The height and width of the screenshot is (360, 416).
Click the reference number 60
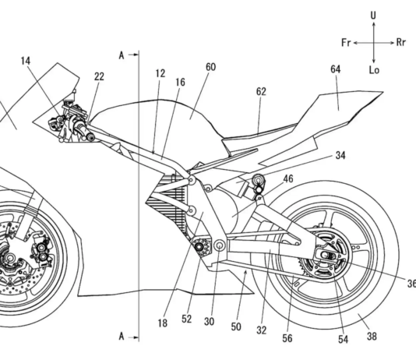point(210,67)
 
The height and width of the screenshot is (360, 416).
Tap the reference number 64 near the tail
point(335,69)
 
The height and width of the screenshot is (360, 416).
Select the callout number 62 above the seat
point(261,91)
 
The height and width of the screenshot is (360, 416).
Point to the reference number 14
point(26,61)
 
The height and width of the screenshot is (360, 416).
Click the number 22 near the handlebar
point(99,76)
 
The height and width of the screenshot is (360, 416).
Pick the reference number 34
point(340,155)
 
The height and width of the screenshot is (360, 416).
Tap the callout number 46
point(288,178)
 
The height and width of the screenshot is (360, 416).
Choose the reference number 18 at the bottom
point(162,323)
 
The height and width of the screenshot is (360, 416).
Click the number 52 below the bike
point(186,319)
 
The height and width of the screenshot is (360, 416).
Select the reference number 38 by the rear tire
point(372,337)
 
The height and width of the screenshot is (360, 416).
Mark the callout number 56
point(287,338)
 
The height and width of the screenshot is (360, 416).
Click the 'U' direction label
point(373,16)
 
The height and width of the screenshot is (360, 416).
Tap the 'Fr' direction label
point(346,42)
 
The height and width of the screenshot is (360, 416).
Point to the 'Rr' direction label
point(401,42)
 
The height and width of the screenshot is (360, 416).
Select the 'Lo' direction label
point(374,70)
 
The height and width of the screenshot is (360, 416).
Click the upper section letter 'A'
point(122,55)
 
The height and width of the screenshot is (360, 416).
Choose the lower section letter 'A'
point(122,336)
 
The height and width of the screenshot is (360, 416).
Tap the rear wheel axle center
point(325,255)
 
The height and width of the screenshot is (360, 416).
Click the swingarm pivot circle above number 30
point(220,245)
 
